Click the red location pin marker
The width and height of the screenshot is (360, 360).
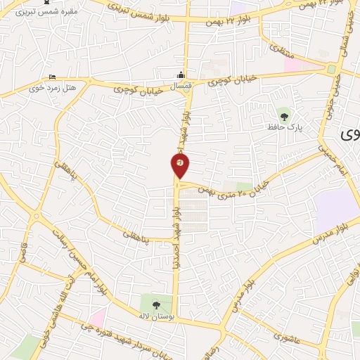[x=180, y=165]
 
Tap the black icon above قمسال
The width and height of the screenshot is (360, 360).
[x=182, y=75]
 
